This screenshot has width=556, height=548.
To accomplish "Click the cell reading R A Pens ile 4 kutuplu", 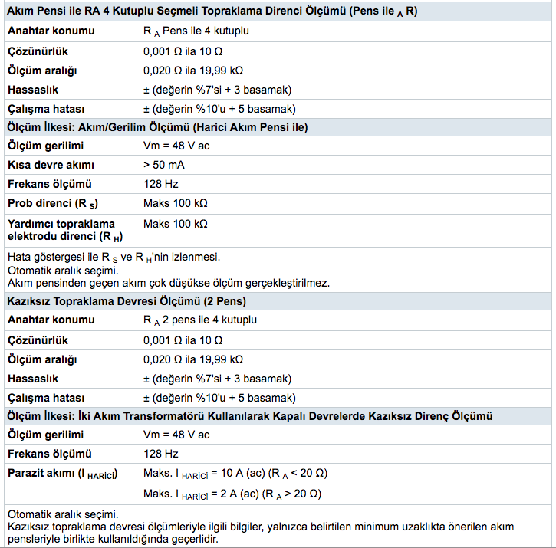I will pyautogui.click(x=196, y=31).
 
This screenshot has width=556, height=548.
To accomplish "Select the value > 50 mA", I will pyautogui.click(x=164, y=165).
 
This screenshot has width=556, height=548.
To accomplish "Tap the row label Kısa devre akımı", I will pyautogui.click(x=51, y=165).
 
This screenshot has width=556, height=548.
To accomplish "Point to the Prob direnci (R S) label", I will pyautogui.click(x=53, y=204).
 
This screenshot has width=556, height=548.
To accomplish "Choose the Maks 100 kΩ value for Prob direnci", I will pyautogui.click(x=176, y=203).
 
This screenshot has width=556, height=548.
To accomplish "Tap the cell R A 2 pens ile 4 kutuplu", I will pyautogui.click(x=199, y=320).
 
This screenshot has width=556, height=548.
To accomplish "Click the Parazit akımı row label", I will pyautogui.click(x=61, y=474).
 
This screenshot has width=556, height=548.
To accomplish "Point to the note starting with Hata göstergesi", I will pyautogui.click(x=119, y=258).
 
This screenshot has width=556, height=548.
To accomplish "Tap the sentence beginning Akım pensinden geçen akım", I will pyautogui.click(x=168, y=282).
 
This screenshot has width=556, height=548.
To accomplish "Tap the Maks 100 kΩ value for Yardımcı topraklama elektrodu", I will pyautogui.click(x=176, y=224).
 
